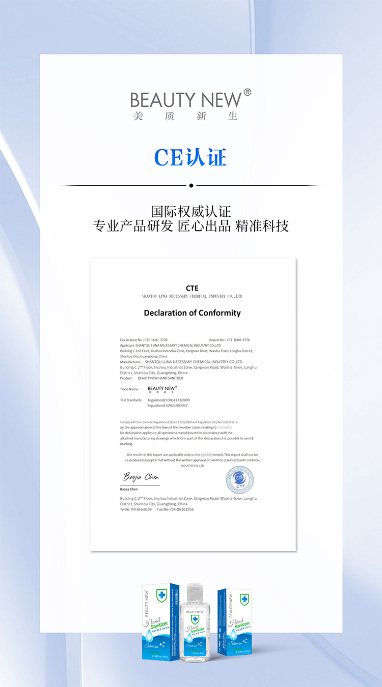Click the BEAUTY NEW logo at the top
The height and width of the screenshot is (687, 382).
[x=186, y=100]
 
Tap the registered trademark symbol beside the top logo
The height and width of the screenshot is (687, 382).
[x=248, y=92]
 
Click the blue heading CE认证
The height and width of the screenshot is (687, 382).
[x=190, y=157]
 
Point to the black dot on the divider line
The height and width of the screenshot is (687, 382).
[x=191, y=186]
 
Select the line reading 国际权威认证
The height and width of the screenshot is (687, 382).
[x=191, y=211]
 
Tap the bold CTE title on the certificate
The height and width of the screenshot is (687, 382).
[x=192, y=288]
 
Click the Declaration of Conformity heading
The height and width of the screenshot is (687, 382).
[x=192, y=313]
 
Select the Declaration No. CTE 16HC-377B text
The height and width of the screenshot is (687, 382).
[x=144, y=339]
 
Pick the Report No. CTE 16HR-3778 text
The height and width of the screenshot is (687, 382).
[x=229, y=339]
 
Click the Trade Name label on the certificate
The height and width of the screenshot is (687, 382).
[x=129, y=389]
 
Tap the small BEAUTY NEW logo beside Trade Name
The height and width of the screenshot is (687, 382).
[x=162, y=389]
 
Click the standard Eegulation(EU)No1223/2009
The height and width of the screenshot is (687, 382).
[x=168, y=400]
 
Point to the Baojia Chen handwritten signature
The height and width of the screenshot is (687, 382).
[x=141, y=477]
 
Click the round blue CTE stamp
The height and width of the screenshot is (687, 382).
[x=239, y=480]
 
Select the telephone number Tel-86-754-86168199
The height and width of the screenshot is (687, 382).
[x=136, y=509]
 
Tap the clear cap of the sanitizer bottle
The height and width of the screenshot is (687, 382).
[x=195, y=592]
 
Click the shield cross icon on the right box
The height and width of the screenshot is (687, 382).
[x=244, y=599]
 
